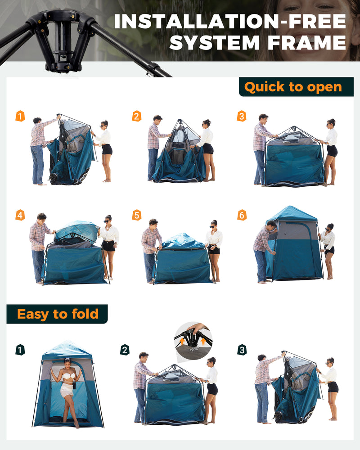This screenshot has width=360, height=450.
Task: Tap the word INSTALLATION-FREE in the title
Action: click(x=230, y=22)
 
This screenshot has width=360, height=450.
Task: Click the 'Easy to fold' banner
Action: click(x=57, y=314)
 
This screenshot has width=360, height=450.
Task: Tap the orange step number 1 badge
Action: click(x=20, y=116)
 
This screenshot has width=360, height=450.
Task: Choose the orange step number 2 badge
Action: click(x=136, y=116)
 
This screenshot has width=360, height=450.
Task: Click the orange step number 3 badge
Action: click(x=242, y=116)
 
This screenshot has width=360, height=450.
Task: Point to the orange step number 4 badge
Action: click(x=20, y=215)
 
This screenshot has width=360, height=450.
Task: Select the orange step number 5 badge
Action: click(x=136, y=215)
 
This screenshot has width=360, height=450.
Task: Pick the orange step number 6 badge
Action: click(x=242, y=215)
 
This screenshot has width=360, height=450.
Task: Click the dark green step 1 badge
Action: click(x=20, y=350)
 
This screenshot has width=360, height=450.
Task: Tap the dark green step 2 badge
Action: click(x=125, y=350)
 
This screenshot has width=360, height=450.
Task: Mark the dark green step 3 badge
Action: click(x=242, y=350)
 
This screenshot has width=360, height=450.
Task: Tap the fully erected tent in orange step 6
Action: click(x=295, y=245)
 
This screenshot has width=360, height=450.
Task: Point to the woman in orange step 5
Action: click(x=214, y=250)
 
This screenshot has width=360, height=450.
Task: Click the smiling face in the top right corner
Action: click(x=315, y=18)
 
